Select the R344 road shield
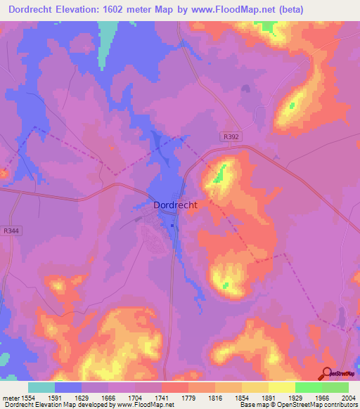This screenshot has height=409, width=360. (x=11, y=231)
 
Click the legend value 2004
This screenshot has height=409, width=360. (x=349, y=397)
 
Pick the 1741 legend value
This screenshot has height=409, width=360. (x=161, y=397)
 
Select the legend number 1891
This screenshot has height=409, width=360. (x=269, y=397)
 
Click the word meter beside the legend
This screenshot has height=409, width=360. (x=9, y=397)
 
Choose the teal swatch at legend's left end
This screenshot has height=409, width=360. (x=41, y=387)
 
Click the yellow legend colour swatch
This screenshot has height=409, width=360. (x=281, y=387)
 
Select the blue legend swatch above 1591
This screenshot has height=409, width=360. (x=67, y=387)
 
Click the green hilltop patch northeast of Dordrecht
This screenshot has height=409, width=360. (x=221, y=171)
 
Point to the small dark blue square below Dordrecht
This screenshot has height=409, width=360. (x=172, y=226)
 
